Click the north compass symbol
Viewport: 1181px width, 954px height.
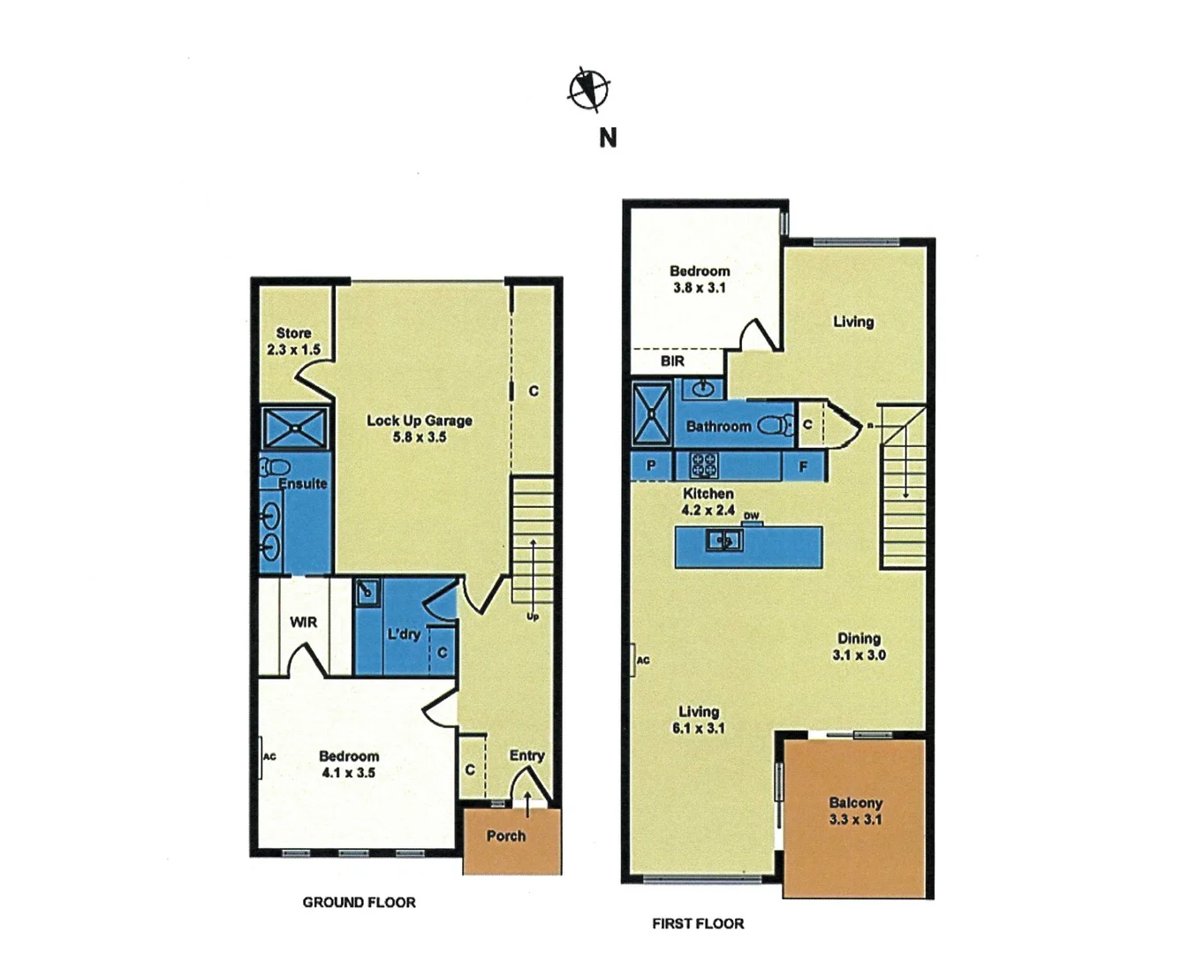click(588, 89)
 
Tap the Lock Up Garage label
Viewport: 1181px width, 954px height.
click(419, 428)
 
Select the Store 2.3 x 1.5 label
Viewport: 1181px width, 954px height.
click(293, 341)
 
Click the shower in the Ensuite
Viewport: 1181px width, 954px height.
click(296, 428)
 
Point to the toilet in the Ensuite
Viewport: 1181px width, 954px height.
click(276, 466)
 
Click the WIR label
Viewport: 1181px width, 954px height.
click(303, 623)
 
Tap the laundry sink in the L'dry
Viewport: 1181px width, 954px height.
click(367, 592)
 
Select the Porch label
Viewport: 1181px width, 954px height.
click(505, 836)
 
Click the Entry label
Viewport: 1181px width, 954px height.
click(526, 755)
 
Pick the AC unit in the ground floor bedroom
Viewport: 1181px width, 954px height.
click(261, 757)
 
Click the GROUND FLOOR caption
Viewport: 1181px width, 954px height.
click(359, 902)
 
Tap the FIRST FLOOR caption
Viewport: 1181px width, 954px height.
click(698, 923)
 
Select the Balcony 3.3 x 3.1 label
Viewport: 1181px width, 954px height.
click(855, 811)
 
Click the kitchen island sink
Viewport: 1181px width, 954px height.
click(723, 540)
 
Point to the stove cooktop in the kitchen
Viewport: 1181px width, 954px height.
click(704, 466)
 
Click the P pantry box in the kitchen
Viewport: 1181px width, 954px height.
click(651, 466)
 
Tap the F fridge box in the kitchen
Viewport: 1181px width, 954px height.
click(803, 466)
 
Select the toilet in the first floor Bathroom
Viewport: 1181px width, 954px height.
click(775, 426)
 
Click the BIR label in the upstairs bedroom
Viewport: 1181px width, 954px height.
click(672, 361)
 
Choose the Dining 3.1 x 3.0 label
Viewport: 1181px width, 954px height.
click(859, 646)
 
